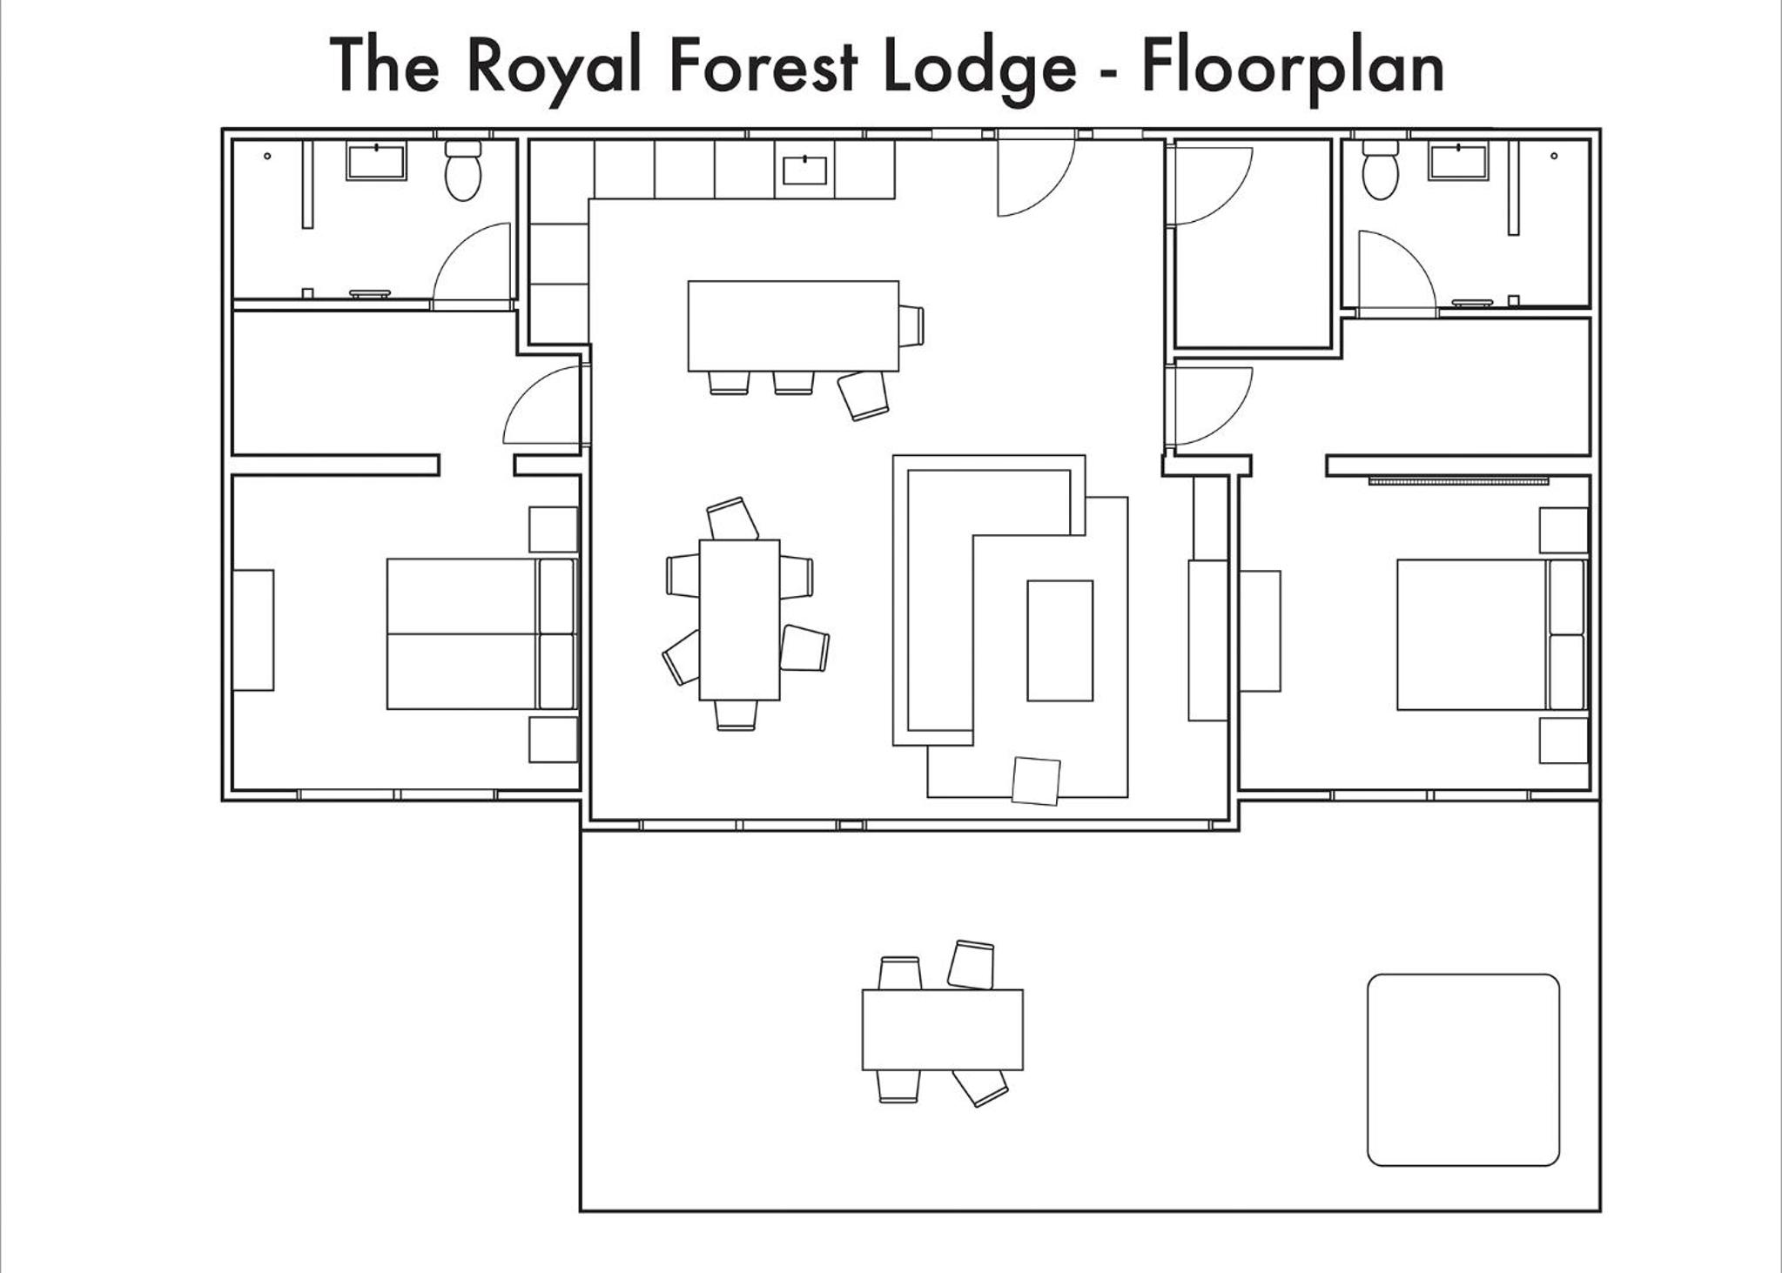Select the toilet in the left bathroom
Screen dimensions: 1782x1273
click(x=463, y=171)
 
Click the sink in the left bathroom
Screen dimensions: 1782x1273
click(x=376, y=162)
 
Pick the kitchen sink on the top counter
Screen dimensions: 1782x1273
click(x=804, y=170)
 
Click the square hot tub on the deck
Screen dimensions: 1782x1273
click(x=1463, y=1069)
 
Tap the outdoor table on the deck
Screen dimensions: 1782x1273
click(x=943, y=1029)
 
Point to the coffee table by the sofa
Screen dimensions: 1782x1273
click(x=1059, y=640)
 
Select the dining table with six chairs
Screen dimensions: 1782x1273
click(x=740, y=620)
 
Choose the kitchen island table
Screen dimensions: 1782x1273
click(x=793, y=326)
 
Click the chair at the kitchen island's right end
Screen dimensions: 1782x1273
click(x=911, y=325)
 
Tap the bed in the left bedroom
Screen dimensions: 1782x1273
click(x=481, y=634)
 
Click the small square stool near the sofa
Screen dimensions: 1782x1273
click(x=1036, y=781)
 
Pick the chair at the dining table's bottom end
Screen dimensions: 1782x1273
click(x=736, y=715)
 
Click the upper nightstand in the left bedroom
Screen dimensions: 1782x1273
click(x=554, y=529)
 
